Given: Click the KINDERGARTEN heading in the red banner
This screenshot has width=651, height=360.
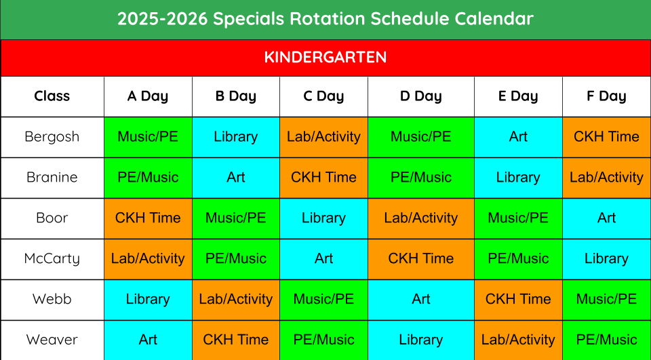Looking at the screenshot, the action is coord(325,58).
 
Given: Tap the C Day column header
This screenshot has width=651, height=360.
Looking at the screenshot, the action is coord(323,96).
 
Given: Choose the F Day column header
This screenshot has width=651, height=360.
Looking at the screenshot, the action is coord(606,96).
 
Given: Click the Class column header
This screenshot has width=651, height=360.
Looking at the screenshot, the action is coord(52,96).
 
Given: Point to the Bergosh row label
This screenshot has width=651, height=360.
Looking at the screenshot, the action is coord(52,136).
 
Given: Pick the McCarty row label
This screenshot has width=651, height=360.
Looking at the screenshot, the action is coord(52,259).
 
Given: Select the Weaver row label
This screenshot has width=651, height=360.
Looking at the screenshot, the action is coord(52,340).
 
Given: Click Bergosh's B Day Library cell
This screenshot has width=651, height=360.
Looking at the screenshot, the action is coord(236,137).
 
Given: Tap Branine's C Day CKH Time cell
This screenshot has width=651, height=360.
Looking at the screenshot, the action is coord(323,178).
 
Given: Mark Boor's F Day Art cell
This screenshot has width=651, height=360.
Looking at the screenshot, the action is coord(606,218).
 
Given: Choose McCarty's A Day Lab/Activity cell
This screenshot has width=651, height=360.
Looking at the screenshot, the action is coord(148,259).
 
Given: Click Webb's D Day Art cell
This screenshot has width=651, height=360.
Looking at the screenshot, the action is coord(420,300).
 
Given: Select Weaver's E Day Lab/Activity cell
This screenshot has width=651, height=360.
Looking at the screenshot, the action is coord(518,340).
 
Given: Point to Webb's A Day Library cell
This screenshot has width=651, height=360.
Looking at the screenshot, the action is coord(148,300).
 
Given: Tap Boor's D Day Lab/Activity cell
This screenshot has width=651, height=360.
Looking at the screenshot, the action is coord(420,218).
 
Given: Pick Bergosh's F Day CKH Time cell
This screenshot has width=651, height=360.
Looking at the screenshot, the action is coord(606,137).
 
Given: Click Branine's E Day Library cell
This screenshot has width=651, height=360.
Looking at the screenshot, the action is coord(518,178).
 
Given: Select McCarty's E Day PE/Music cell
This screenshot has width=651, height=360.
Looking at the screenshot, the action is coord(518,259).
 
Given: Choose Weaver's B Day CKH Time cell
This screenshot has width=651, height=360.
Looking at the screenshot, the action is coord(236,340).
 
